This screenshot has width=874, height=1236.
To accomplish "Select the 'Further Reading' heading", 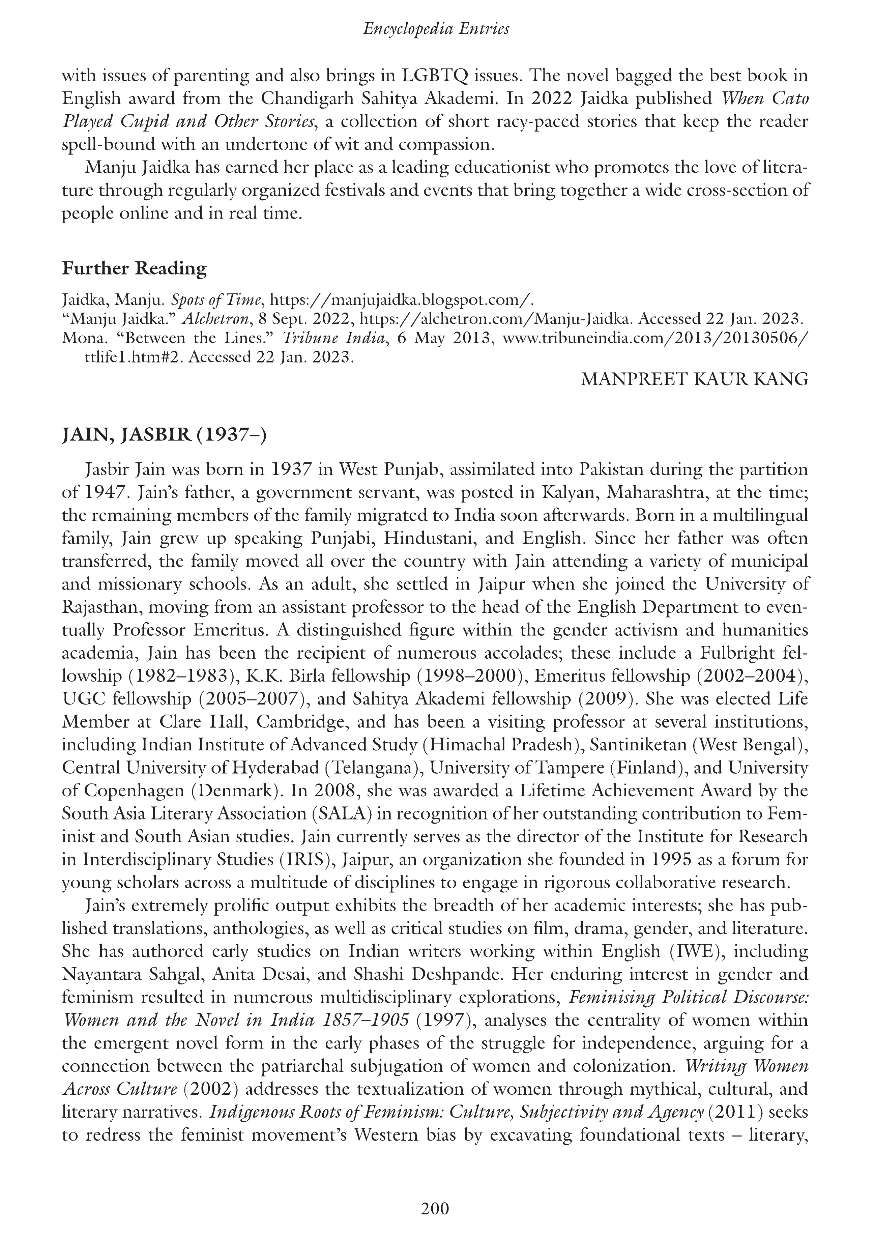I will pos(134,268).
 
